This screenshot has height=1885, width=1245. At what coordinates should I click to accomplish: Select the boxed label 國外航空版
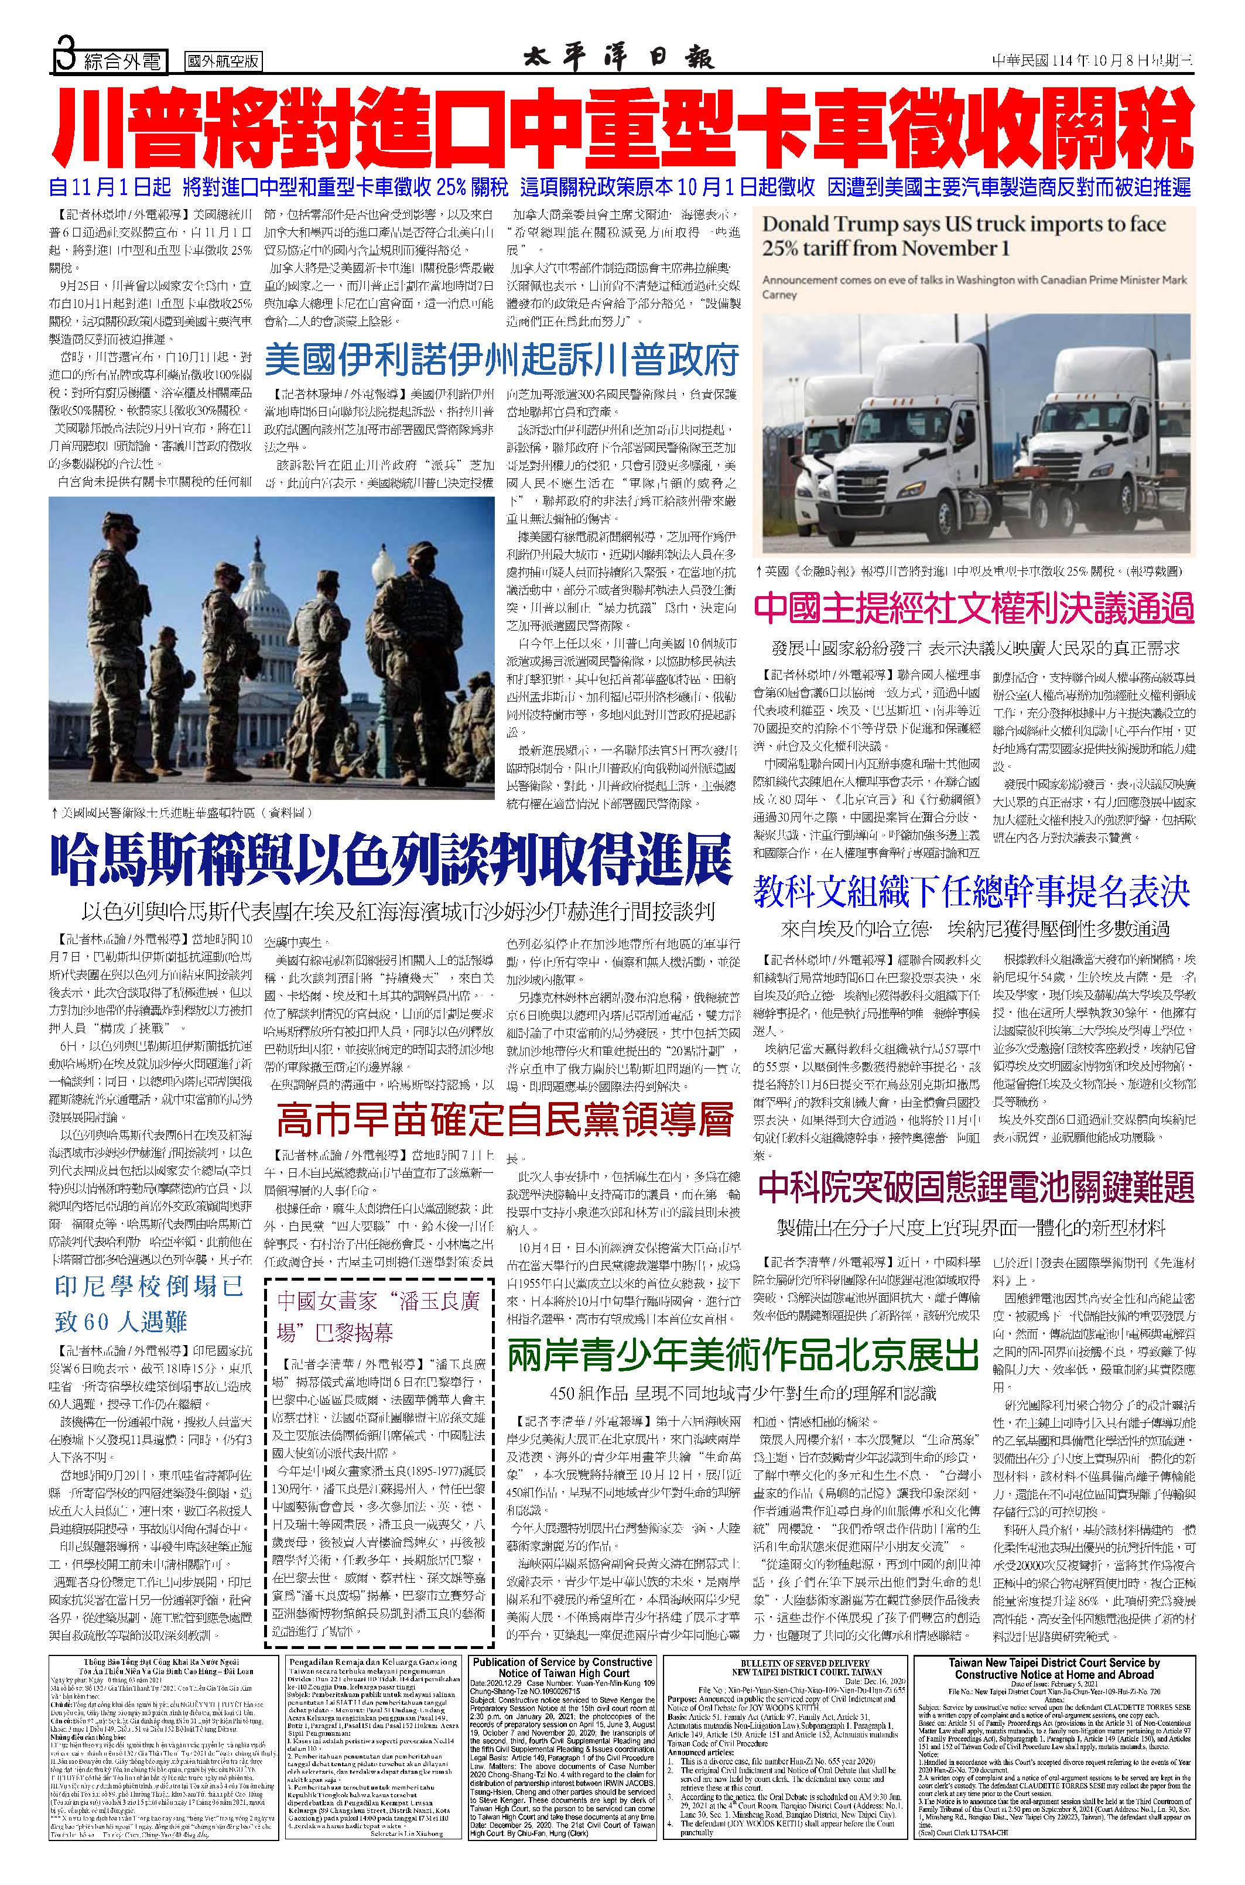(x=224, y=61)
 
